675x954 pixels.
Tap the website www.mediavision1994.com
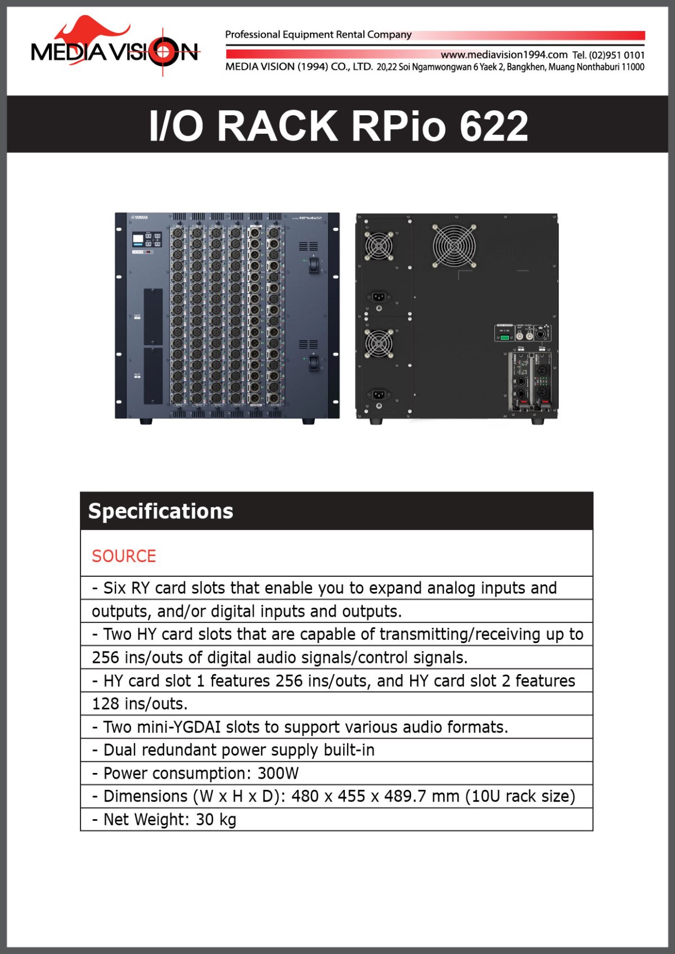(x=503, y=55)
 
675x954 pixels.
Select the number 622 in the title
(x=493, y=126)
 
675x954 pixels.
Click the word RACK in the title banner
(x=277, y=126)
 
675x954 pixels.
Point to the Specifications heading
(x=160, y=511)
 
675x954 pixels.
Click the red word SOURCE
(x=124, y=556)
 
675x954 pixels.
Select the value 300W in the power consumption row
(x=278, y=773)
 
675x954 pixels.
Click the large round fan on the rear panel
(x=453, y=246)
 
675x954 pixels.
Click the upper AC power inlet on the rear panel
(x=379, y=296)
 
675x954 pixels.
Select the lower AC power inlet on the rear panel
(x=379, y=394)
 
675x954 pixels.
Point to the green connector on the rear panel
(x=505, y=337)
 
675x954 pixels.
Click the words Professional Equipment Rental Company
(x=318, y=34)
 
